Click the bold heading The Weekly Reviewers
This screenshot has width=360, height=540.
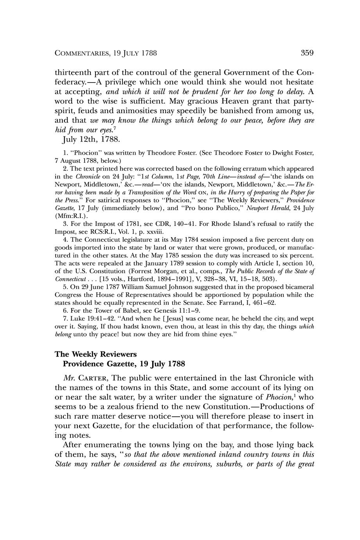[96, 354]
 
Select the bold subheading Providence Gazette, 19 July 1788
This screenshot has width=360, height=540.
[124, 364]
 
